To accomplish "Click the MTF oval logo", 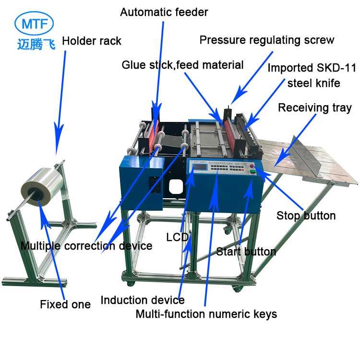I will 35,23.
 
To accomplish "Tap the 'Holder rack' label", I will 91,40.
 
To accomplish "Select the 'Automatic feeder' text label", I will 164,12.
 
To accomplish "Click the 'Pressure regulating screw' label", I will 266,40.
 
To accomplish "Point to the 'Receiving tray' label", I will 314,108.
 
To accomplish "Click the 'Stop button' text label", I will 306,216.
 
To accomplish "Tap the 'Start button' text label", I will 246,252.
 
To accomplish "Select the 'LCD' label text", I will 177,237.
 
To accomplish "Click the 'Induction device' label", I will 142,300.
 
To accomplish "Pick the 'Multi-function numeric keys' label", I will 206,314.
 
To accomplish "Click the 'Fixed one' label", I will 65,304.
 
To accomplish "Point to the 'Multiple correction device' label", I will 86,246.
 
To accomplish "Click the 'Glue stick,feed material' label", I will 182,65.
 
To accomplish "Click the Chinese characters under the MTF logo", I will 35,44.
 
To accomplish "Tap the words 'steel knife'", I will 313,83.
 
